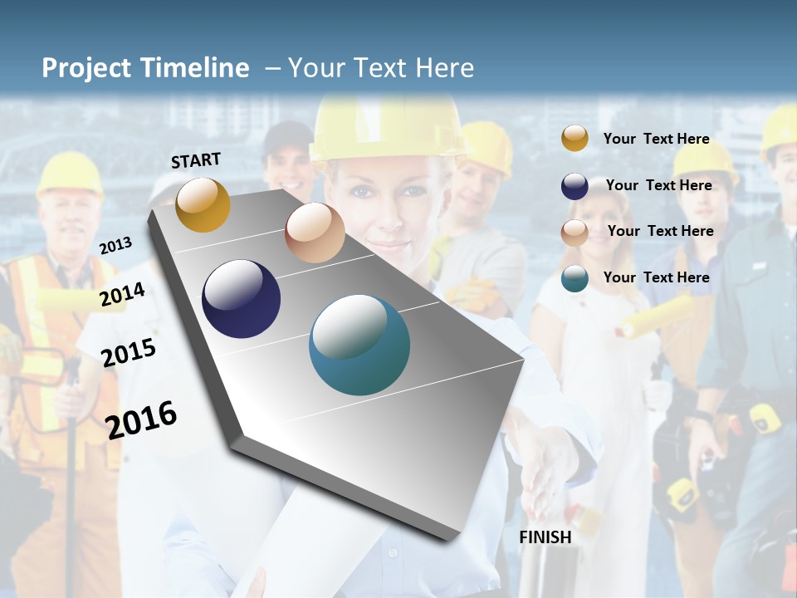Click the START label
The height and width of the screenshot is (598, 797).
[x=196, y=159]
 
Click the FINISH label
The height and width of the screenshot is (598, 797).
[x=545, y=537]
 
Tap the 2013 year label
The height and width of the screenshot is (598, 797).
[x=115, y=245]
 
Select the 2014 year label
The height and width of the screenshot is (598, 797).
[x=122, y=294]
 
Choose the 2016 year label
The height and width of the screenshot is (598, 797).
[x=141, y=419]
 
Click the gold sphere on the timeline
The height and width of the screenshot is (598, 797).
[x=203, y=205]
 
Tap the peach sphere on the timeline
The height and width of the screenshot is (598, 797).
[x=315, y=233]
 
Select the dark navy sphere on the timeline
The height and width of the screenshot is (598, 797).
[x=241, y=299]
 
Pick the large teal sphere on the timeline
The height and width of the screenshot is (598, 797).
[x=359, y=345]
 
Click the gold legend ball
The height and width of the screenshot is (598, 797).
[x=575, y=139]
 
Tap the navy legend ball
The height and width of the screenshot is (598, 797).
[x=575, y=185]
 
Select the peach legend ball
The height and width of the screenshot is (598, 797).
[x=575, y=232]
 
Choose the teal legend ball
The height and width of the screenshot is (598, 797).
[x=575, y=278]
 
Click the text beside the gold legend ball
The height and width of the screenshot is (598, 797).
[x=656, y=139]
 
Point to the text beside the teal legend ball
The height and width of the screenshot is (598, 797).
[x=656, y=277]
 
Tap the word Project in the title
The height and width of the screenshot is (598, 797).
[x=88, y=68]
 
